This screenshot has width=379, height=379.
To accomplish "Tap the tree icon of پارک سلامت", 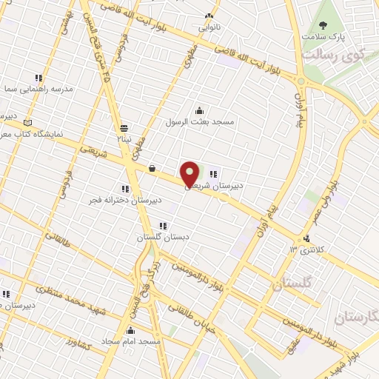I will click(323, 24).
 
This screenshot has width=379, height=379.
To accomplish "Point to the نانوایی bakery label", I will click(208, 27).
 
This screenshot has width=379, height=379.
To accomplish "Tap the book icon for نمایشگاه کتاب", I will click(29, 121).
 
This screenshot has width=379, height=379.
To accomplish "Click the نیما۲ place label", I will click(122, 138).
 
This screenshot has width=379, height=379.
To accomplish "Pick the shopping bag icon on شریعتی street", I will click(152, 168).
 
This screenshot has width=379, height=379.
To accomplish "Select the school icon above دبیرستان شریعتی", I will click(213, 174).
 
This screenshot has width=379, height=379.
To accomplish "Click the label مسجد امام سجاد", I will click(133, 341).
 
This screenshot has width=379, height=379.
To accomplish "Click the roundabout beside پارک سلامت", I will click(301, 80).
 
